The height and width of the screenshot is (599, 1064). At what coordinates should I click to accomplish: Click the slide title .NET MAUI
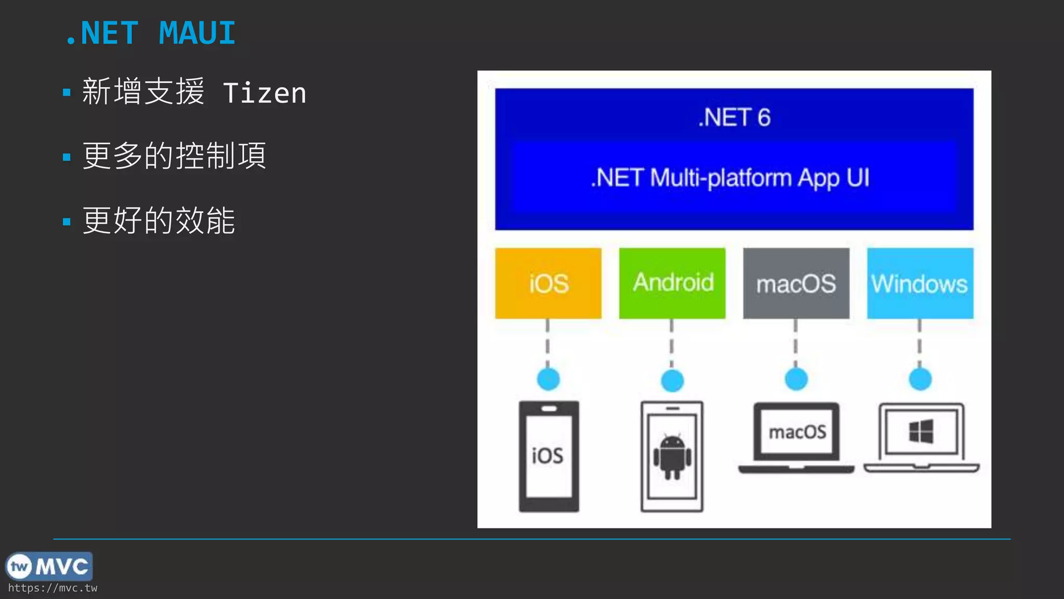tap(151, 33)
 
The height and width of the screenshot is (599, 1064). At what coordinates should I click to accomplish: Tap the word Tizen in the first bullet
tap(264, 94)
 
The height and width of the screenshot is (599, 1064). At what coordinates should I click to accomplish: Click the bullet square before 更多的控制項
tap(66, 157)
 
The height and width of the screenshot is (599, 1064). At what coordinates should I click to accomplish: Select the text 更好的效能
tap(159, 220)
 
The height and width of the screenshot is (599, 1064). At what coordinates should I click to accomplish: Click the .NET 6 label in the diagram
tap(734, 118)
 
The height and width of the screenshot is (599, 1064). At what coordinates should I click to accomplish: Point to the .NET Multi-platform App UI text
tap(730, 178)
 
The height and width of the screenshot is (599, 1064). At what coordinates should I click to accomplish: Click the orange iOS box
tap(548, 283)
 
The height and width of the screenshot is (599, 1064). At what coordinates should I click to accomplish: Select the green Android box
tap(672, 283)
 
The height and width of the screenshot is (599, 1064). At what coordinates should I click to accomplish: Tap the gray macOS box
tap(796, 283)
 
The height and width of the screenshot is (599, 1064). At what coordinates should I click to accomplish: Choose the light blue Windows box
tap(920, 283)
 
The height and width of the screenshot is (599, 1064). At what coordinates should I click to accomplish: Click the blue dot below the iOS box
tap(548, 379)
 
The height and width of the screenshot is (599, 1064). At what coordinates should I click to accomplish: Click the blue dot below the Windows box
tap(920, 379)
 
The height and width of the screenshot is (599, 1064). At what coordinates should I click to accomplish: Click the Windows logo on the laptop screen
tap(921, 432)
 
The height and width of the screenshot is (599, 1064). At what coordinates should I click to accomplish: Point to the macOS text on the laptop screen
tap(797, 432)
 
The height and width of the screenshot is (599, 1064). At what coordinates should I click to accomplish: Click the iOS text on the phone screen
tap(548, 456)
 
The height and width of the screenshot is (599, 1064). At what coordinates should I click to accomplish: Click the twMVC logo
tap(49, 566)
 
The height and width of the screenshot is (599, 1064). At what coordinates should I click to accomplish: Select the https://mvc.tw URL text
tap(52, 588)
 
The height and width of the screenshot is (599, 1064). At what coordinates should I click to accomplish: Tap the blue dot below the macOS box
tap(796, 379)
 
